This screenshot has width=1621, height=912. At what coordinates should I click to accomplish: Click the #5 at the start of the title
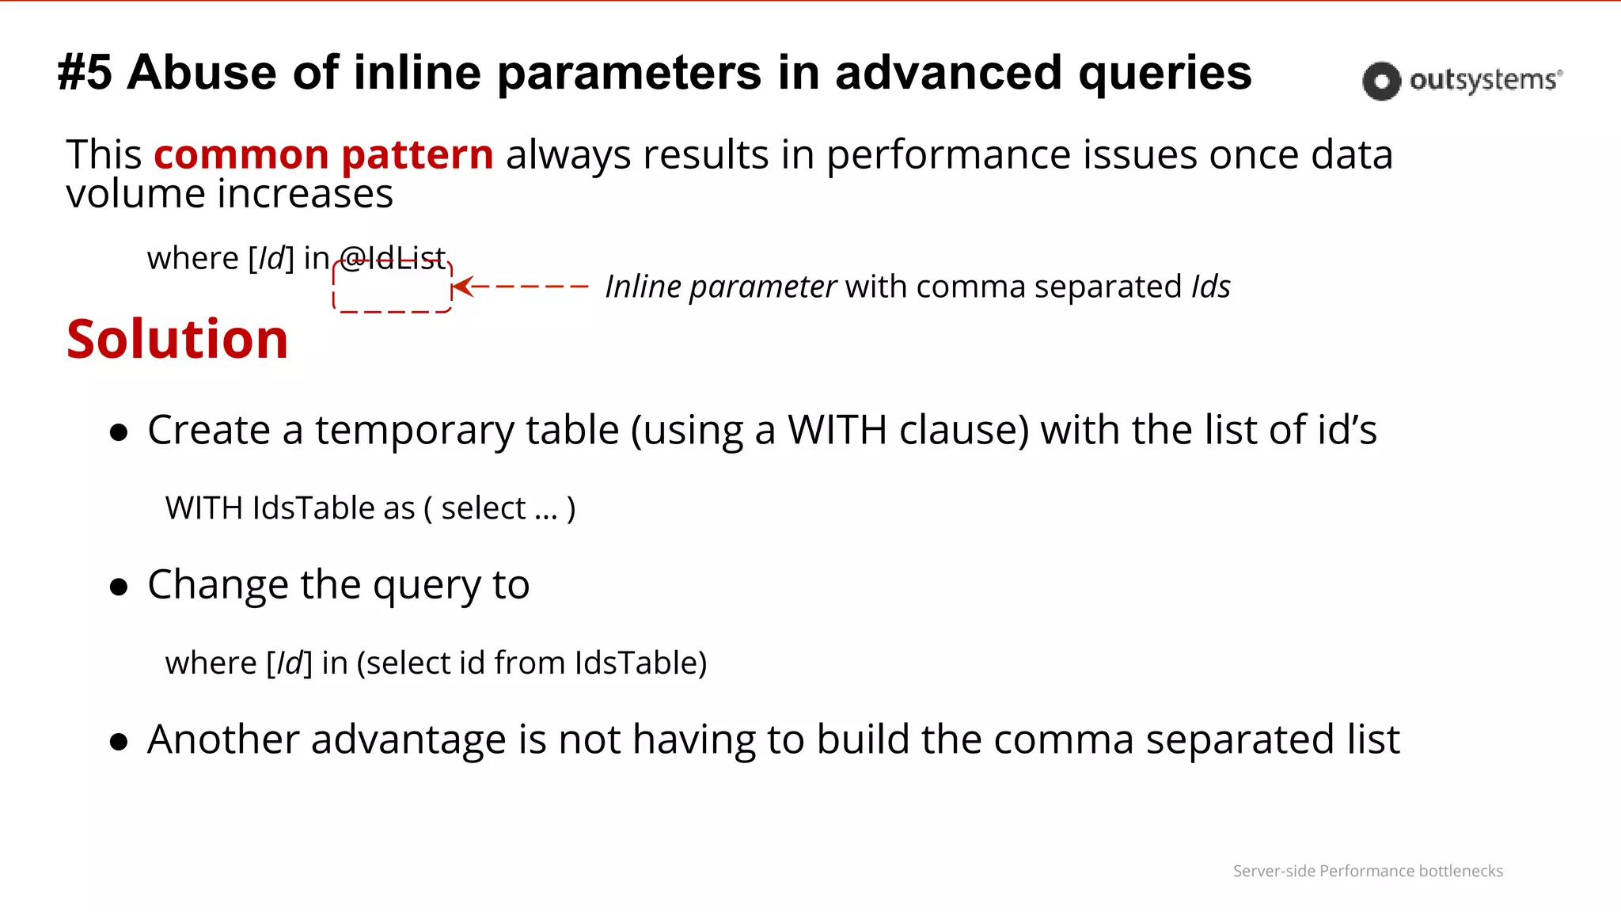85,73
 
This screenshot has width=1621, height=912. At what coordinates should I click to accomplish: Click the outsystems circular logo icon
1381,81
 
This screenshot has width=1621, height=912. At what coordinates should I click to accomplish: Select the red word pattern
417,156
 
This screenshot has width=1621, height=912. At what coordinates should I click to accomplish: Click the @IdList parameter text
393,258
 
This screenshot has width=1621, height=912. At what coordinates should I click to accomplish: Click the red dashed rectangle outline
393,310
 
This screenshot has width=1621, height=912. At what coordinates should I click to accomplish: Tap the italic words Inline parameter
720,287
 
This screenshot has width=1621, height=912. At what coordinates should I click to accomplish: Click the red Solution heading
177,340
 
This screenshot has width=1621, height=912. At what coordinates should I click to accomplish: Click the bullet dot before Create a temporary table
119,432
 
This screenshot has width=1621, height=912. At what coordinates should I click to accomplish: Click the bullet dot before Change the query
119,587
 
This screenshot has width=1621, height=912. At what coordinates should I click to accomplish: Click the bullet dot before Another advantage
119,742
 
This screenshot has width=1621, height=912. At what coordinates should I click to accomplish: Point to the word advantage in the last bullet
408,741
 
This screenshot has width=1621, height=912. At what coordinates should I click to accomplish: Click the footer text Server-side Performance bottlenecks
1368,871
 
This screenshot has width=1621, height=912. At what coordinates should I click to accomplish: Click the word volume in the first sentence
135,194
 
